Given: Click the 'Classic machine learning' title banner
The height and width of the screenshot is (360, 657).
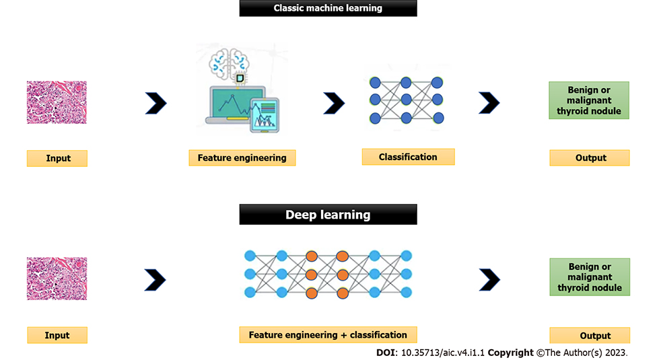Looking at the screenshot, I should tap(328, 8).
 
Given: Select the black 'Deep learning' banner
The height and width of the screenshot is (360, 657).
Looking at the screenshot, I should tap(328, 215).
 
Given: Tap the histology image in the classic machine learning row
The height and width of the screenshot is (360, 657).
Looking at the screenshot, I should tap(57, 103).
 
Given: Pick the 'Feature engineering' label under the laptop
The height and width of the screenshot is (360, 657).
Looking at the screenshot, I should tap(242, 158).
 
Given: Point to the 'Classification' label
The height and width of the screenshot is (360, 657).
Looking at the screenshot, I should tap(408, 157).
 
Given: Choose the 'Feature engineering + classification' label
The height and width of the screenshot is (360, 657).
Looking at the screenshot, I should tap(328, 334).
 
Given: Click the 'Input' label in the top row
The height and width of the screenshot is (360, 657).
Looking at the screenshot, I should tap(58, 158).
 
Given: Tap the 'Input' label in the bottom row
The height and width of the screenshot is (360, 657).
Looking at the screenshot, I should tap(57, 335).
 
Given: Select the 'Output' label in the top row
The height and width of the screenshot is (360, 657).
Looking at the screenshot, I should tap(590, 157).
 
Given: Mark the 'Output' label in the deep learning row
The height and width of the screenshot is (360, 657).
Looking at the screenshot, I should tap(590, 335).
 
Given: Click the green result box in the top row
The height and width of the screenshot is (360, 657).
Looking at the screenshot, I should tap(589, 101).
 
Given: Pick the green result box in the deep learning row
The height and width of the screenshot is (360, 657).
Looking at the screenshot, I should tap(590, 277).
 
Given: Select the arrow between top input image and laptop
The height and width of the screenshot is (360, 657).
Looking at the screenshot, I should tap(156, 104).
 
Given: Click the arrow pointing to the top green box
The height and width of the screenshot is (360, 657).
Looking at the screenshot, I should tap(489, 102).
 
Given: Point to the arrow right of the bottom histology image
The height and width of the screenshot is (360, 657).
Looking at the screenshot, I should tap(155, 279).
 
